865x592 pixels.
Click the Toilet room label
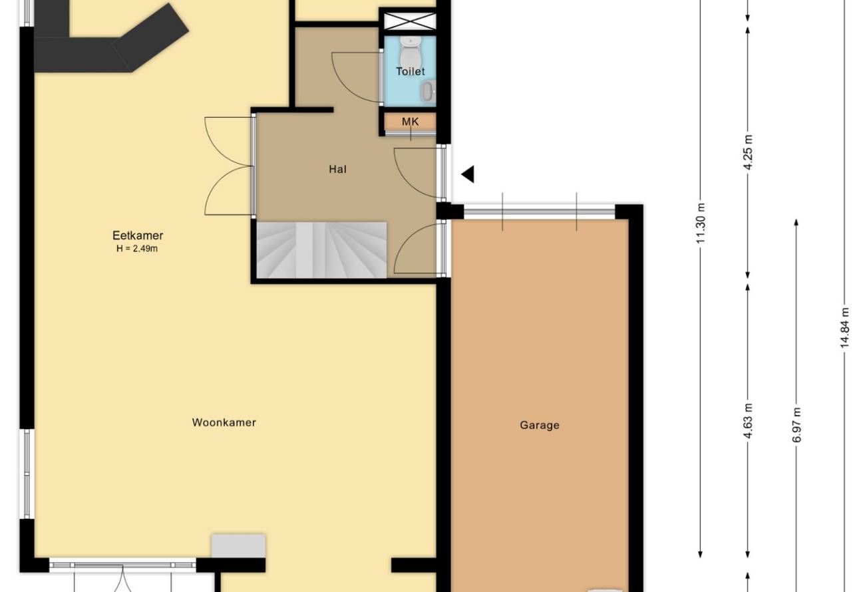[x=410, y=71]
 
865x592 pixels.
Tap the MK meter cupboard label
[x=410, y=122]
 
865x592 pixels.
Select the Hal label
[x=337, y=169]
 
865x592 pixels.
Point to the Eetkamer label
[x=138, y=235]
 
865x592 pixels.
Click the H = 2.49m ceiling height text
[x=137, y=249]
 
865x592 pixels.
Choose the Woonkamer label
[x=224, y=422]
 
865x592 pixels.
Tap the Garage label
[x=540, y=425]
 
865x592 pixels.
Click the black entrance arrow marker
[x=468, y=174]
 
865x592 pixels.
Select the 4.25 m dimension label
[x=748, y=152]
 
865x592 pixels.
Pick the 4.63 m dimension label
[x=748, y=420]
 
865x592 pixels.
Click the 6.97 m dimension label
[x=796, y=424]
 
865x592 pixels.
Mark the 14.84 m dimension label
[x=844, y=327]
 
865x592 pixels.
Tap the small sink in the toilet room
[x=429, y=92]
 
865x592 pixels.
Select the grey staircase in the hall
[x=321, y=249]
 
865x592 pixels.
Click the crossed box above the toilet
[x=410, y=21]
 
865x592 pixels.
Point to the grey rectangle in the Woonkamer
[x=238, y=545]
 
